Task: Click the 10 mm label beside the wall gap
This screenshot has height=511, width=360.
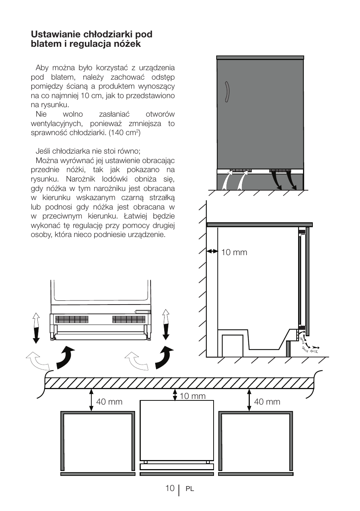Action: coord(234,252)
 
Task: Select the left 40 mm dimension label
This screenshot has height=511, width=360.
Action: coord(109,402)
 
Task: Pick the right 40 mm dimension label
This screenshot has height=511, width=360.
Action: coord(267,402)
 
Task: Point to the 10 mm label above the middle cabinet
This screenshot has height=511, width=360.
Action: coord(192,396)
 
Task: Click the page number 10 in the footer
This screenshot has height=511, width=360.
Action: coord(169,488)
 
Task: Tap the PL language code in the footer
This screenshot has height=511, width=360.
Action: coord(189,489)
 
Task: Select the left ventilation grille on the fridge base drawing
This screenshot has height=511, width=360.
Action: coord(72,319)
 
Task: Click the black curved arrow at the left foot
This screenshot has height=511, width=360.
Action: coord(65,357)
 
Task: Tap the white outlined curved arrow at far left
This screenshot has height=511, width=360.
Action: coord(38,360)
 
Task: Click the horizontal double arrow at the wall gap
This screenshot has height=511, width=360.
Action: coord(212,251)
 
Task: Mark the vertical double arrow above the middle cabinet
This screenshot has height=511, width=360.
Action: coord(175,395)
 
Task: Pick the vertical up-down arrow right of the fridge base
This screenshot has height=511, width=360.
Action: coord(166,324)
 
